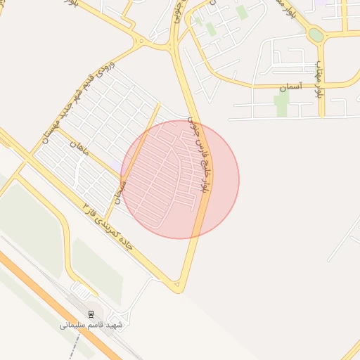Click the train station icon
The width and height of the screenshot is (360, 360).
90,314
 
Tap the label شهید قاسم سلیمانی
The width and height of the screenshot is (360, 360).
91,326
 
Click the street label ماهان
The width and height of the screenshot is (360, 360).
76,148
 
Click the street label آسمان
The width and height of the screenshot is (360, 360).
290,87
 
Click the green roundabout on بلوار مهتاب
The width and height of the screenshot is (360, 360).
316,34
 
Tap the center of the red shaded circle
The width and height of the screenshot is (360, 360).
180,179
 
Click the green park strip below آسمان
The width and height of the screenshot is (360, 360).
282,104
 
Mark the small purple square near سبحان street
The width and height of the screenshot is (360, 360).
114,164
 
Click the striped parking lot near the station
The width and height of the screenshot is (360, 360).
82,290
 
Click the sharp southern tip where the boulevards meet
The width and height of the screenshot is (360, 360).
179,290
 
